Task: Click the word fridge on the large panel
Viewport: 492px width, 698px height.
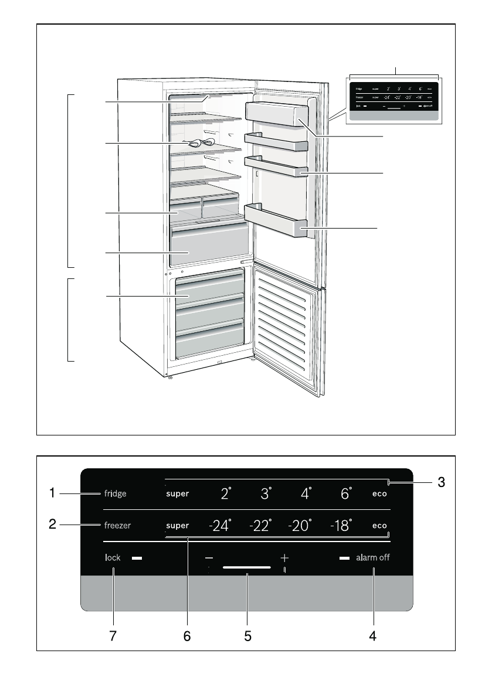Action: tap(116, 493)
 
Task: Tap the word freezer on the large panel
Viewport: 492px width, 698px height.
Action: tap(118, 526)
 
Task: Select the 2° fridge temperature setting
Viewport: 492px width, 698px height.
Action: tap(226, 493)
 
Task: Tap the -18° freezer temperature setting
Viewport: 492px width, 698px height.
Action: tap(341, 526)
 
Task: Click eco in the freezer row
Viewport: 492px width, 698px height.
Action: tap(379, 526)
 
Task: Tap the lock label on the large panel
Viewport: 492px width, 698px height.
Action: tap(113, 558)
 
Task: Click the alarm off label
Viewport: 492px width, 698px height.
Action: tap(372, 558)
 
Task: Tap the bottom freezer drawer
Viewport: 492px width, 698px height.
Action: tap(209, 342)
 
